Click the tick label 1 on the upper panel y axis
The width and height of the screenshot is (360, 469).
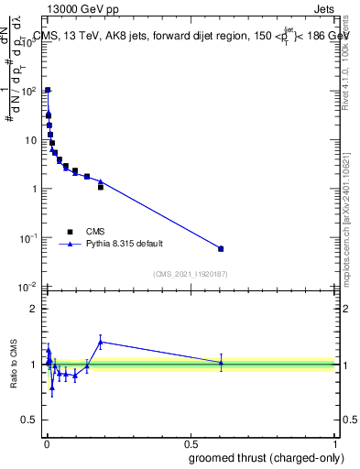[34, 189]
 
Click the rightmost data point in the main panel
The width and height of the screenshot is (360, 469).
[221, 248]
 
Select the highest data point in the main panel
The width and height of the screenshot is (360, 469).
[48, 91]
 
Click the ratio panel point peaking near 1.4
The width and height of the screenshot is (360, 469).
[101, 342]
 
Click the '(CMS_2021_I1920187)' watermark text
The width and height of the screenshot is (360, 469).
[191, 273]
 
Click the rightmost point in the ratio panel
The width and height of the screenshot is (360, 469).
[221, 363]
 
